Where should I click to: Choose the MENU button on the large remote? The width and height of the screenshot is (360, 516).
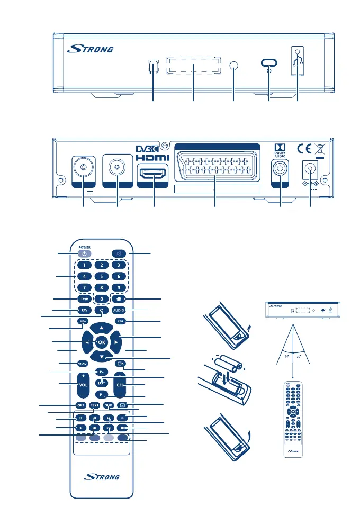(x=82, y=363)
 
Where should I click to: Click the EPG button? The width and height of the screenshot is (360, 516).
(x=120, y=321)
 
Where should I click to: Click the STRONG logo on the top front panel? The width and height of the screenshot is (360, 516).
(x=91, y=50)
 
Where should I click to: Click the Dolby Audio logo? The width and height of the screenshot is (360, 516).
(x=279, y=150)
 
